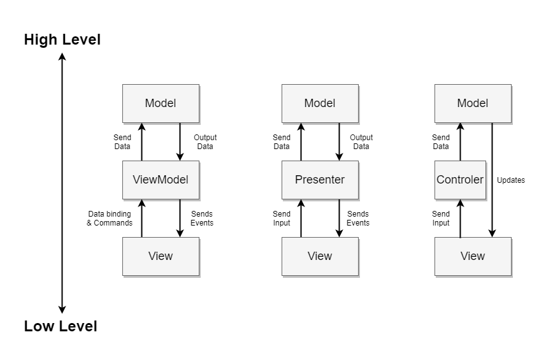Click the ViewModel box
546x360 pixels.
pos(161,180)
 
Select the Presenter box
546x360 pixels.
pos(320,180)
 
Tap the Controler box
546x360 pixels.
pos(460,180)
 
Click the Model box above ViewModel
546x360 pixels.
pos(161,103)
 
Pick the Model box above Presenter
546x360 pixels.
pos(320,103)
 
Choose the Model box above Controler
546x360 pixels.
pos(473,103)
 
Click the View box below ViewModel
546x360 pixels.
pos(161,256)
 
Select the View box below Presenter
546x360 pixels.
pos(320,256)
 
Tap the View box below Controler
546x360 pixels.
pos(473,256)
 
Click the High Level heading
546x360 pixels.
pos(62,40)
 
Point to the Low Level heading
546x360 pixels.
pos(61,327)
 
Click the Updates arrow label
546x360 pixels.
pos(510,180)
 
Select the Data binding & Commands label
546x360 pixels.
pos(110,219)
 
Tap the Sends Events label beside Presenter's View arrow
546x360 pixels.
pos(358,219)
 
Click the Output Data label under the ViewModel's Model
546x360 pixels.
pos(205,142)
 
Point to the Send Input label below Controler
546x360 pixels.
pos(441,219)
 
